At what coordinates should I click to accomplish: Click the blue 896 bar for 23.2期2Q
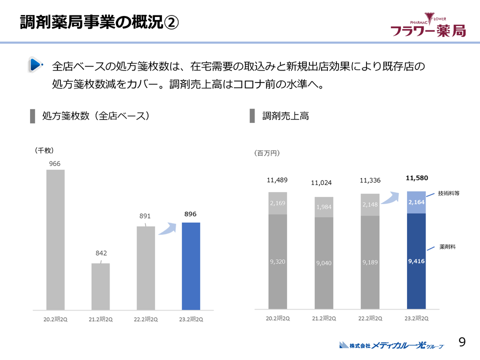190,265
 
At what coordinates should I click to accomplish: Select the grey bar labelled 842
100,286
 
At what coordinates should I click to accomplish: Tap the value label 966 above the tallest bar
55,163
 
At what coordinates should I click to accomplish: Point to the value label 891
145,216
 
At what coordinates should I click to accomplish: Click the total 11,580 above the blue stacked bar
416,177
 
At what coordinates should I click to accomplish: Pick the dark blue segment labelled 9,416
416,261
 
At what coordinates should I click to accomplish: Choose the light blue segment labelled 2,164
416,202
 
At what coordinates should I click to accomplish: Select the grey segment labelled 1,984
323,207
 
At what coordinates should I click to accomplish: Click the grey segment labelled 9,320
277,261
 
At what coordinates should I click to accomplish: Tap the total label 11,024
321,183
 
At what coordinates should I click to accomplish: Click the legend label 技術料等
448,193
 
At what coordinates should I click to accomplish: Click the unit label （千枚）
44,150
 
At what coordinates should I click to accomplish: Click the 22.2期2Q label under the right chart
370,318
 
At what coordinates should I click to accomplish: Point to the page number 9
462,342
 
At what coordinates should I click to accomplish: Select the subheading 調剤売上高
285,116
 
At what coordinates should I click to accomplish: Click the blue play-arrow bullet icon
35,64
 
